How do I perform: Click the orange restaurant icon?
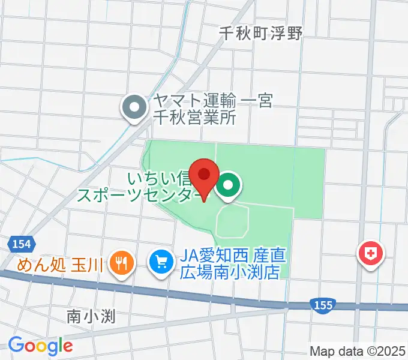point(122,262)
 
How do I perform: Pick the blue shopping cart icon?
point(160,262)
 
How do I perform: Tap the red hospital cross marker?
point(371,253)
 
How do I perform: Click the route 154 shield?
point(20,244)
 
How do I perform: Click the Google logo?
point(40,345)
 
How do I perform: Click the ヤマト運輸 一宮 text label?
point(212,101)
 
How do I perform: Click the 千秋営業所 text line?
point(193,117)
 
